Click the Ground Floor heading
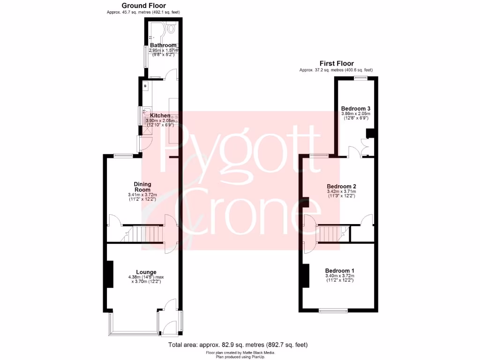139,6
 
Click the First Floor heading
337,64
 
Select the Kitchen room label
160,115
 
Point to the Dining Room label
142,187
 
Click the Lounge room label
146,272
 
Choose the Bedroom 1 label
340,271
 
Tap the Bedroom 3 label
355,108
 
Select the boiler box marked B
145,86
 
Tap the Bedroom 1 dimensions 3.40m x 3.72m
340,276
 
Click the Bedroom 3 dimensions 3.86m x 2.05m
355,113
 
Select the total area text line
238,345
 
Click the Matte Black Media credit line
240,352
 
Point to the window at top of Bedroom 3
360,78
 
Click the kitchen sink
145,115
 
